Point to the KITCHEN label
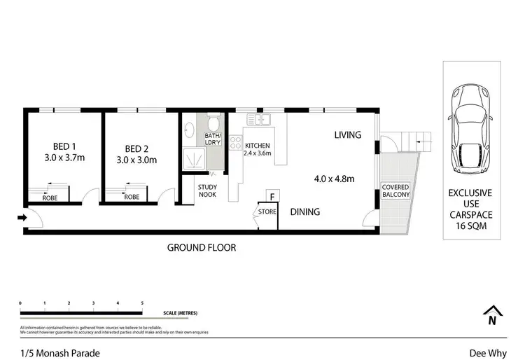[257, 146]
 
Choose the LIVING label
[347, 134]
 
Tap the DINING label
[304, 212]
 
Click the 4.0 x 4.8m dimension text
[334, 179]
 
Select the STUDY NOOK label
[207, 191]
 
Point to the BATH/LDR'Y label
[212, 139]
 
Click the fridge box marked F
[273, 197]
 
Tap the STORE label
[267, 211]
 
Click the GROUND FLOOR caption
[201, 247]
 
